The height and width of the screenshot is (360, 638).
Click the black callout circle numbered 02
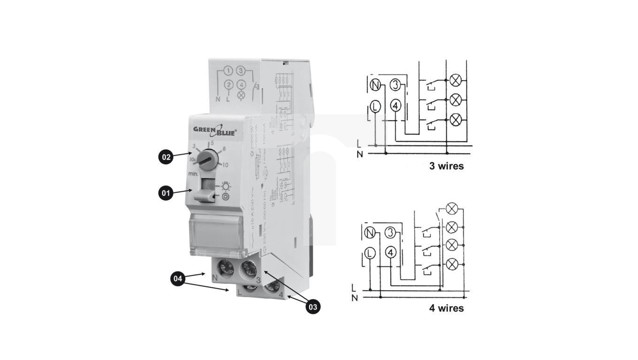(x=166, y=157)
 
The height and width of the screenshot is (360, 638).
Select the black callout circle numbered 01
(x=166, y=193)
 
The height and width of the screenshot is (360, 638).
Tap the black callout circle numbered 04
(x=177, y=279)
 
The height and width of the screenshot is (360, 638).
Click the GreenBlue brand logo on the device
(x=215, y=130)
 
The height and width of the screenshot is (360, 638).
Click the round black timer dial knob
(x=207, y=160)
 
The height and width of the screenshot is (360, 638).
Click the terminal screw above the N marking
(x=226, y=268)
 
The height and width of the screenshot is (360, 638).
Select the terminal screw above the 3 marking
(x=249, y=269)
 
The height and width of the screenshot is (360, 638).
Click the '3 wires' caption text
(x=446, y=166)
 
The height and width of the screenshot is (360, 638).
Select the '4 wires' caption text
(x=446, y=308)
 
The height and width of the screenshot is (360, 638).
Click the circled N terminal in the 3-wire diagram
(x=375, y=85)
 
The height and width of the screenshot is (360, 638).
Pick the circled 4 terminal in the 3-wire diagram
(x=396, y=106)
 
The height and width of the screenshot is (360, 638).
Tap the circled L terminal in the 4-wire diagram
(x=370, y=254)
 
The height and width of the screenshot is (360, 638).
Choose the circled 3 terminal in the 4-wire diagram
(x=391, y=233)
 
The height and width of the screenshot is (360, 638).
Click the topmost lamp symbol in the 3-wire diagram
(x=455, y=81)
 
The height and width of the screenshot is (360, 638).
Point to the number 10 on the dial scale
(x=226, y=165)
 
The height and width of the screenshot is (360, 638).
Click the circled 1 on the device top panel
(x=228, y=71)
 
